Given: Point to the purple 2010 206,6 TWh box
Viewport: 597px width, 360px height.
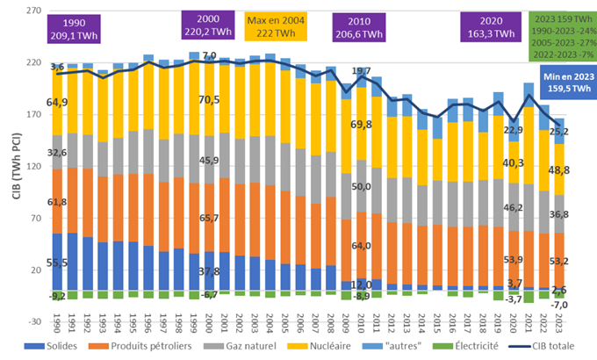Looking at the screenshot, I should click(x=358, y=27).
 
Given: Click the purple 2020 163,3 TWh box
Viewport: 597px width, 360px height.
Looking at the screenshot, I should click(x=492, y=27).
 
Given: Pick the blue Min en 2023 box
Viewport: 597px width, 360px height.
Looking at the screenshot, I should click(x=561, y=82).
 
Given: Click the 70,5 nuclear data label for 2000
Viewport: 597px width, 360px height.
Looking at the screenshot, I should click(x=208, y=99).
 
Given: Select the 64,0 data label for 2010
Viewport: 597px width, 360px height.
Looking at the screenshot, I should click(x=362, y=246).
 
